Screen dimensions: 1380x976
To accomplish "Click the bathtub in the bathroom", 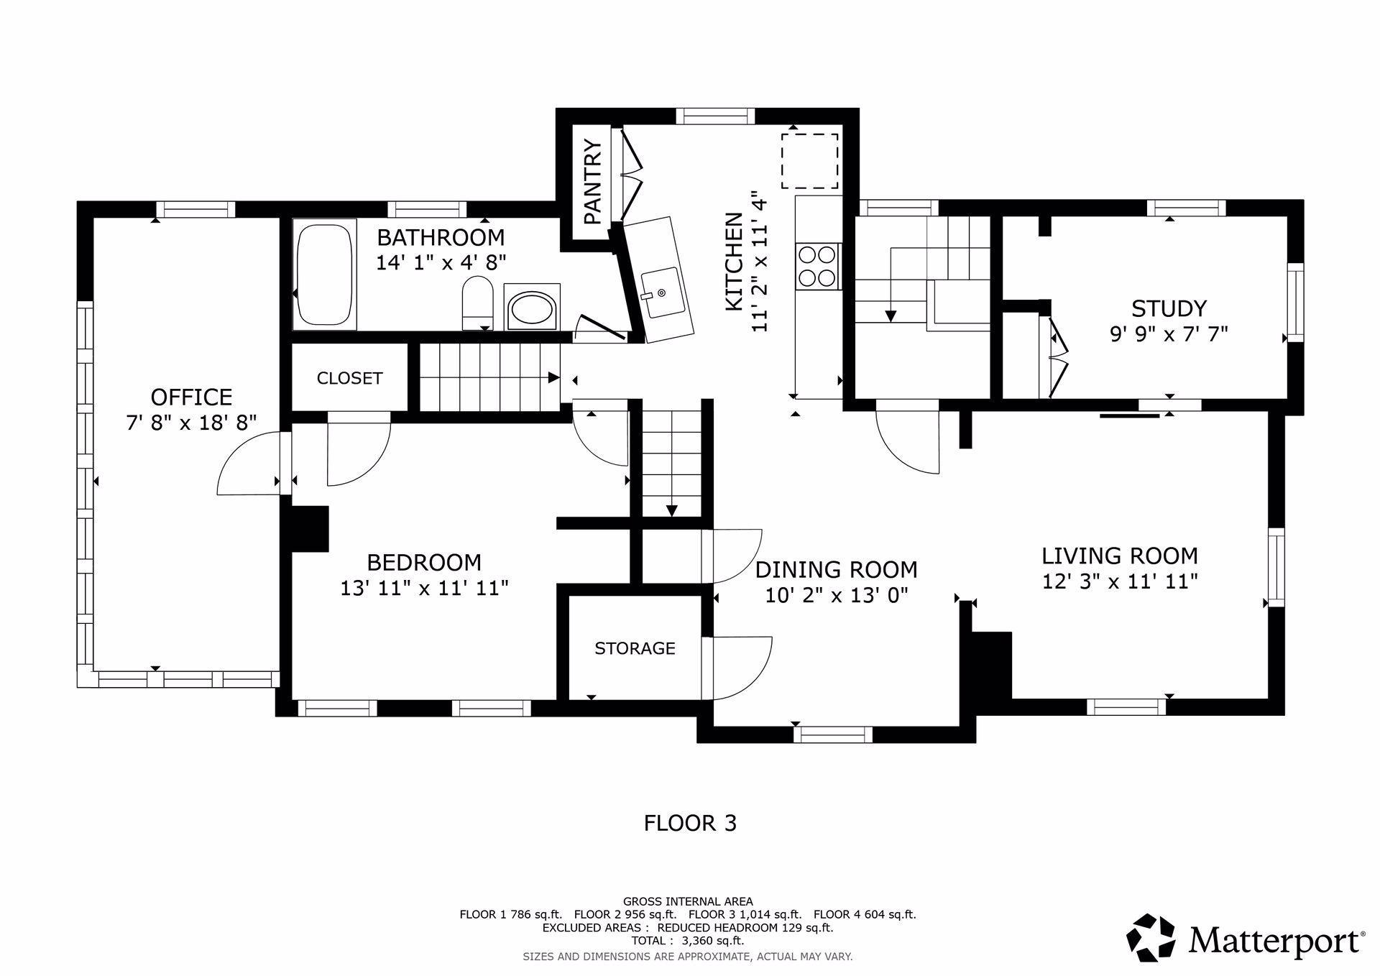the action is click(325, 275).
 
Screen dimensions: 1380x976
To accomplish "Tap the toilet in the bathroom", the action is click(477, 304).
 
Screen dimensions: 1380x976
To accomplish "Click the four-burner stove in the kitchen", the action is click(818, 266).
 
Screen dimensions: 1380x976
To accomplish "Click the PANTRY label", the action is click(592, 183).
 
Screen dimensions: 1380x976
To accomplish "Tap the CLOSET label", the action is click(349, 378).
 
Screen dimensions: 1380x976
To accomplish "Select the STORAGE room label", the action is click(635, 648).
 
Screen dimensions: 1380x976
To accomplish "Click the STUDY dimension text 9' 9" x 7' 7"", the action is click(1169, 334).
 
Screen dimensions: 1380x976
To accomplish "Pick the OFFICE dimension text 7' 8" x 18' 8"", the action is click(192, 423).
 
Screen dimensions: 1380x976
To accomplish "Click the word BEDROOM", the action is click(424, 562).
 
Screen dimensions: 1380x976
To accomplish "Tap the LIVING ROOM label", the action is click(1120, 556).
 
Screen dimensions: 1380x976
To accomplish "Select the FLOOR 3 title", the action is click(690, 823).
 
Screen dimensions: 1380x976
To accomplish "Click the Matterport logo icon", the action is click(1150, 937).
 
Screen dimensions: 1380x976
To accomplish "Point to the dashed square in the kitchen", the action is click(810, 161).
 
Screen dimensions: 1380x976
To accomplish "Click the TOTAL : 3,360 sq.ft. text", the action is click(688, 941).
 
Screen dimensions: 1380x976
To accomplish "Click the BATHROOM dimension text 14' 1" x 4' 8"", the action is click(441, 262).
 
